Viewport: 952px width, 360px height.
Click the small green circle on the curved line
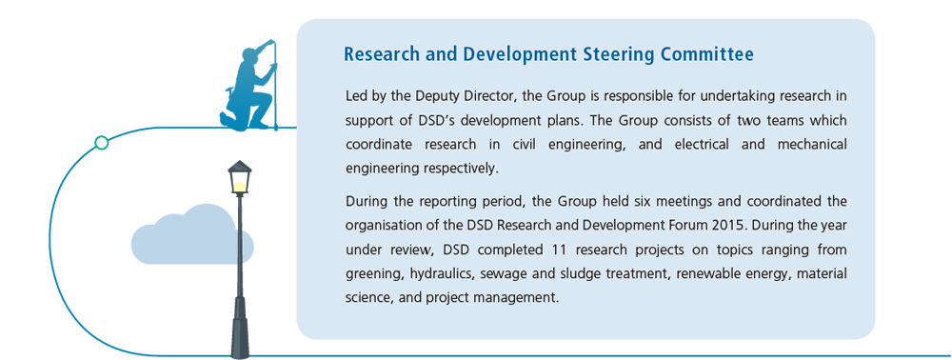point(102,143)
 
